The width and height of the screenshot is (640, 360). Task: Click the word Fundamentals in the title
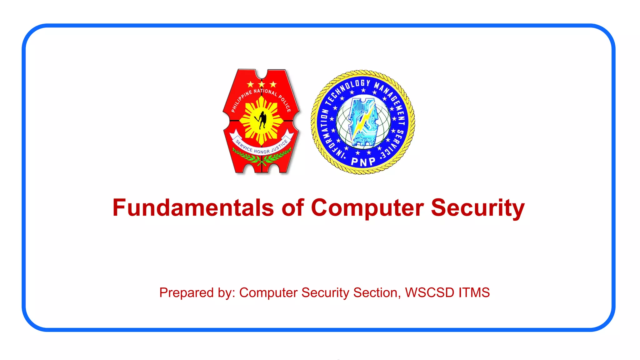(193, 208)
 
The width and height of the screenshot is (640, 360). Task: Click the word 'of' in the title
(292, 208)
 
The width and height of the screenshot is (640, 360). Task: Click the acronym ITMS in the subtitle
(474, 293)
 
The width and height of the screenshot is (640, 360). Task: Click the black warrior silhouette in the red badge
(262, 120)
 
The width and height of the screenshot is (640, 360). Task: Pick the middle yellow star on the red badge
(262, 84)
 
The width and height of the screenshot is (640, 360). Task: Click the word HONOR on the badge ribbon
(262, 152)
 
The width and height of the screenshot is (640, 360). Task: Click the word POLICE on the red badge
(285, 103)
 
